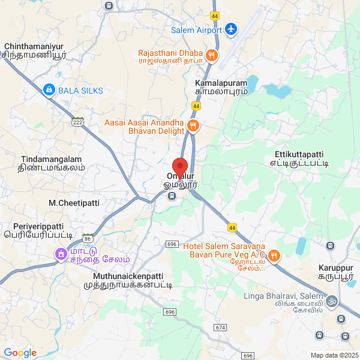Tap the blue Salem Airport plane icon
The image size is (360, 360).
click(x=230, y=29)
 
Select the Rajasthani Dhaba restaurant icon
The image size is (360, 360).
click(x=211, y=56)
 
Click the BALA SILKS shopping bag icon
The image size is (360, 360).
click(x=49, y=91)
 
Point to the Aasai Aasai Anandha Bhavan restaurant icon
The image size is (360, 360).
click(x=193, y=126)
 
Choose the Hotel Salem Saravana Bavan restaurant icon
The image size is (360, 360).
click(x=274, y=256)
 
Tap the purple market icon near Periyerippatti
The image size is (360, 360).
click(x=61, y=254)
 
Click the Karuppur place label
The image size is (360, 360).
click(x=336, y=266)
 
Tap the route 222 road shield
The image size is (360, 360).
click(x=77, y=122)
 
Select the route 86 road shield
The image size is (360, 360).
click(x=88, y=239)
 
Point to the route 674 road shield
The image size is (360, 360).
click(x=220, y=328)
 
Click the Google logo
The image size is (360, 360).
click(x=20, y=353)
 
